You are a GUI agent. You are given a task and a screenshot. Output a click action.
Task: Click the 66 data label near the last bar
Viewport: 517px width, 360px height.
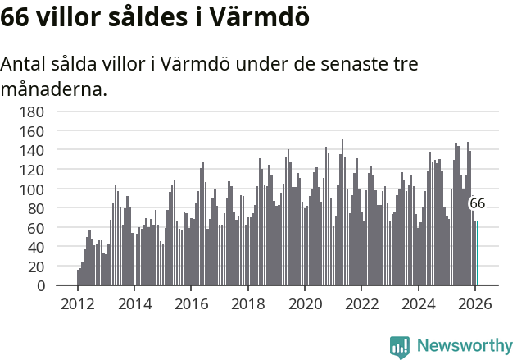[x=477, y=203]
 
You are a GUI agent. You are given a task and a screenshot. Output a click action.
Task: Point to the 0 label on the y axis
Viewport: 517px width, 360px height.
[x=39, y=286]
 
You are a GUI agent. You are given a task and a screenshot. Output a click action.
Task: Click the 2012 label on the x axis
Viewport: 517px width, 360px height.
[x=78, y=304]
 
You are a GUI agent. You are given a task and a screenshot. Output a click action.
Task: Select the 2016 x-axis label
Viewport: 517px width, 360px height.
[x=191, y=304]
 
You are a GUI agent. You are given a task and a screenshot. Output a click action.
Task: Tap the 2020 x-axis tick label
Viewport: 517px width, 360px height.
[x=305, y=304]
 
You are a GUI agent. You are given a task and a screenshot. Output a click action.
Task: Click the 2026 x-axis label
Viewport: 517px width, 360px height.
[x=475, y=304]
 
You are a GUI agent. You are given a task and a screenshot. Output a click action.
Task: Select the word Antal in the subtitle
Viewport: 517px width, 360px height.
[x=24, y=64]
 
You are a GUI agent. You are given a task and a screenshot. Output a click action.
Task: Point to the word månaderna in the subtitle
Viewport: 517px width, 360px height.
[x=54, y=89]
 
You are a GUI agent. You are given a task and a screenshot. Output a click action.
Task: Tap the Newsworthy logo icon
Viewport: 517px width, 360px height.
[x=400, y=347]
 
